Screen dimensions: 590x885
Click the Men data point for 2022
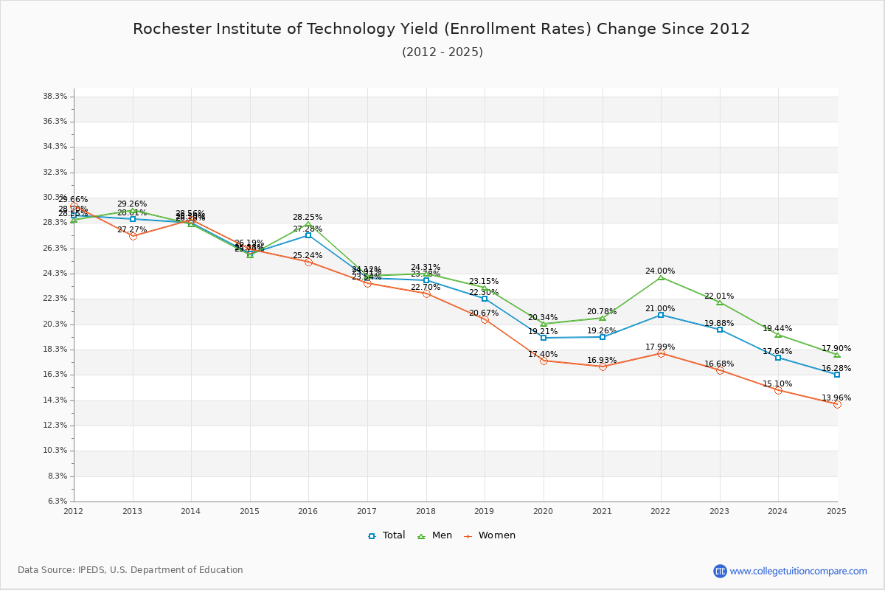661,277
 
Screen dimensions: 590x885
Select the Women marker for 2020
544,361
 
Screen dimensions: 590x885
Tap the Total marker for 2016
308,235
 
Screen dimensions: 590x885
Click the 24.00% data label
660,271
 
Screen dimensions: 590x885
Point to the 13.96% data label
836,398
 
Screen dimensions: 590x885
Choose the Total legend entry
387,535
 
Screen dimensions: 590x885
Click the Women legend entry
490,535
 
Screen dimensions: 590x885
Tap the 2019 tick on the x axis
485,510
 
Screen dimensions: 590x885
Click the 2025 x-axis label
836,510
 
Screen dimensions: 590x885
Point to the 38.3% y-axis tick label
56,97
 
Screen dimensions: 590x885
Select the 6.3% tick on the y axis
58,502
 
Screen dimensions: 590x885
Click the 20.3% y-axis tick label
56,324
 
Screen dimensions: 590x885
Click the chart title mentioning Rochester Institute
441,29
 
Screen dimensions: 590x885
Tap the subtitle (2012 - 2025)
442,52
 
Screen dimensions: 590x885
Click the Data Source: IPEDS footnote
131,570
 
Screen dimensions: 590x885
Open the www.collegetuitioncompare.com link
798,571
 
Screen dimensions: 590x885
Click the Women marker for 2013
133,236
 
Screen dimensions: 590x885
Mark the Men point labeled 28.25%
308,224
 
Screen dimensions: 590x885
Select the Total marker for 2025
837,375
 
